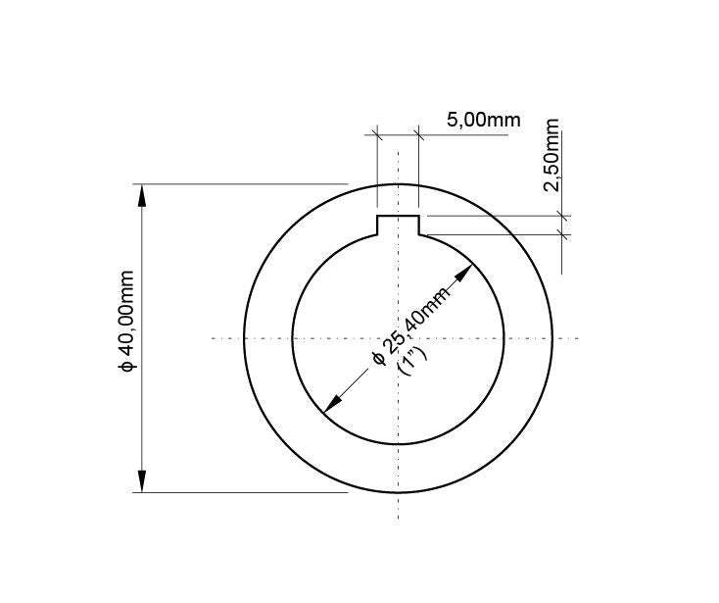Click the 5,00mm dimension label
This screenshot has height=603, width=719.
tap(483, 121)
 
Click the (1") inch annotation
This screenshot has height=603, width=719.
tap(411, 359)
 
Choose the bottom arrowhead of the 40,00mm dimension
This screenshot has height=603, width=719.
tap(143, 481)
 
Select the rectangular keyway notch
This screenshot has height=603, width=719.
tap(399, 226)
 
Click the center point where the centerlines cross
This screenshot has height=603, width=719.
tap(399, 338)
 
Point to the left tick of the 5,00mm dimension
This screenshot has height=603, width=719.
tap(377, 134)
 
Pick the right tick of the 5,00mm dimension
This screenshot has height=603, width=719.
tap(419, 134)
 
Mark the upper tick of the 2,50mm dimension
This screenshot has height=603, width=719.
tap(562, 216)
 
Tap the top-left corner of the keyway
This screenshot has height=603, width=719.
tap(377, 216)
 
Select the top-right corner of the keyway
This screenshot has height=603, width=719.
tap(420, 216)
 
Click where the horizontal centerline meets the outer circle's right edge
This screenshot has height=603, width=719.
tap(553, 338)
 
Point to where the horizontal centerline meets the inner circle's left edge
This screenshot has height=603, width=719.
tap(292, 338)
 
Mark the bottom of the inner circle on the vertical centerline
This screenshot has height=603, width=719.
tap(399, 445)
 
